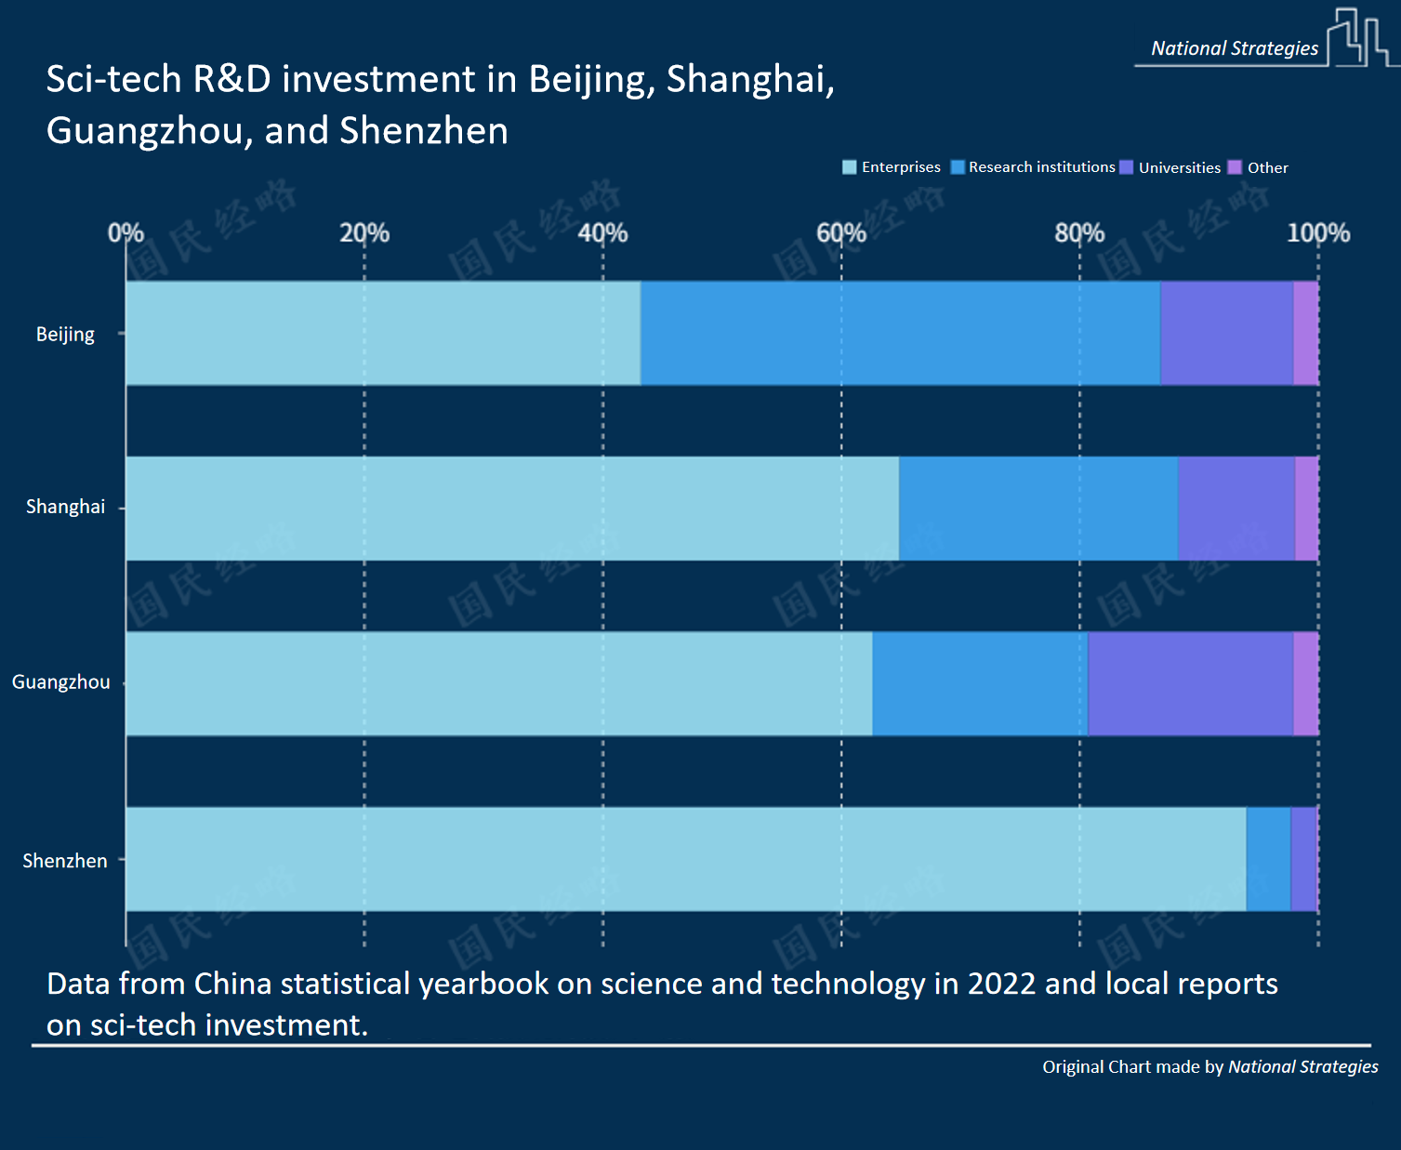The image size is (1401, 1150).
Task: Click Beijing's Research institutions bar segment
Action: coord(900,333)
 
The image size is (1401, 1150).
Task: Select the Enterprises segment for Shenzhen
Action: coord(685,859)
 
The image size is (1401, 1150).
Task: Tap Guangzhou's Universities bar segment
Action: coord(1190,683)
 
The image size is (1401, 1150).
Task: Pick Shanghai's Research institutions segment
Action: coord(1038,508)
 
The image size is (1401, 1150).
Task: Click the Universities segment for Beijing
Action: coord(1226,333)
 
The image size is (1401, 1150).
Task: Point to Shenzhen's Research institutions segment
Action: coord(1268,859)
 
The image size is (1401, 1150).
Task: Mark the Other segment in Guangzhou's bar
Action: coord(1305,683)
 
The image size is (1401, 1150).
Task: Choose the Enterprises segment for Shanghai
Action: coord(511,508)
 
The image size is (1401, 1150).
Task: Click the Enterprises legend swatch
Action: coord(849,167)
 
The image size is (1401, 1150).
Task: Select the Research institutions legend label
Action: coord(1041,167)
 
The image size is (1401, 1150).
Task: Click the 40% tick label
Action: coord(602,232)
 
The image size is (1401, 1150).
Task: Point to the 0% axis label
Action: coord(126,232)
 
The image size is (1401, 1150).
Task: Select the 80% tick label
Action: coord(1079,232)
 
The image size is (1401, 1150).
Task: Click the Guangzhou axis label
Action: coord(60,682)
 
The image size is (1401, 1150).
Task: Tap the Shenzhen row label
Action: coord(65,861)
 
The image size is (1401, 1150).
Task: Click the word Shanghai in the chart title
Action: coord(749,80)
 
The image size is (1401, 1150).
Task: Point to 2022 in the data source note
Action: coord(1001,984)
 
